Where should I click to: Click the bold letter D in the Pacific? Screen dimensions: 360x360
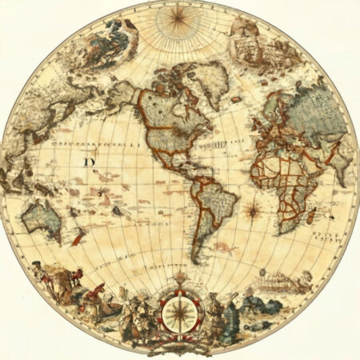87,162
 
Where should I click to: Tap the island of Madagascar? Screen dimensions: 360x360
329,210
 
